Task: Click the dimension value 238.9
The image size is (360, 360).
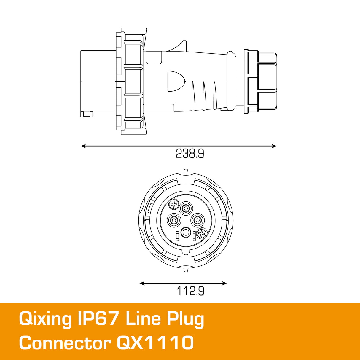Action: (x=190, y=153)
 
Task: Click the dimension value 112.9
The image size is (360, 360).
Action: (x=190, y=291)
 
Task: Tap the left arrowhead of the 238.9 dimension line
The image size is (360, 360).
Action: (x=83, y=146)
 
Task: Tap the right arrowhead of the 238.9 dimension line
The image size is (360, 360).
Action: (x=274, y=146)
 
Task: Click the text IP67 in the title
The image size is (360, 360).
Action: (x=98, y=319)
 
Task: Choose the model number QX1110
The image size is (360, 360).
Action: (x=155, y=343)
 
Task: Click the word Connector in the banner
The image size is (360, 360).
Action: (x=65, y=343)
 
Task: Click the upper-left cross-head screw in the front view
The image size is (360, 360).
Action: (x=174, y=204)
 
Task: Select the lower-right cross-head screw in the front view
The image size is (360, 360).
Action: (x=201, y=234)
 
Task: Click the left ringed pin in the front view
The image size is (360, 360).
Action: (x=174, y=220)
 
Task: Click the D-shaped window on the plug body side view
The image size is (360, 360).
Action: (x=175, y=81)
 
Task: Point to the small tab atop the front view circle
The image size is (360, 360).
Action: (x=186, y=171)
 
